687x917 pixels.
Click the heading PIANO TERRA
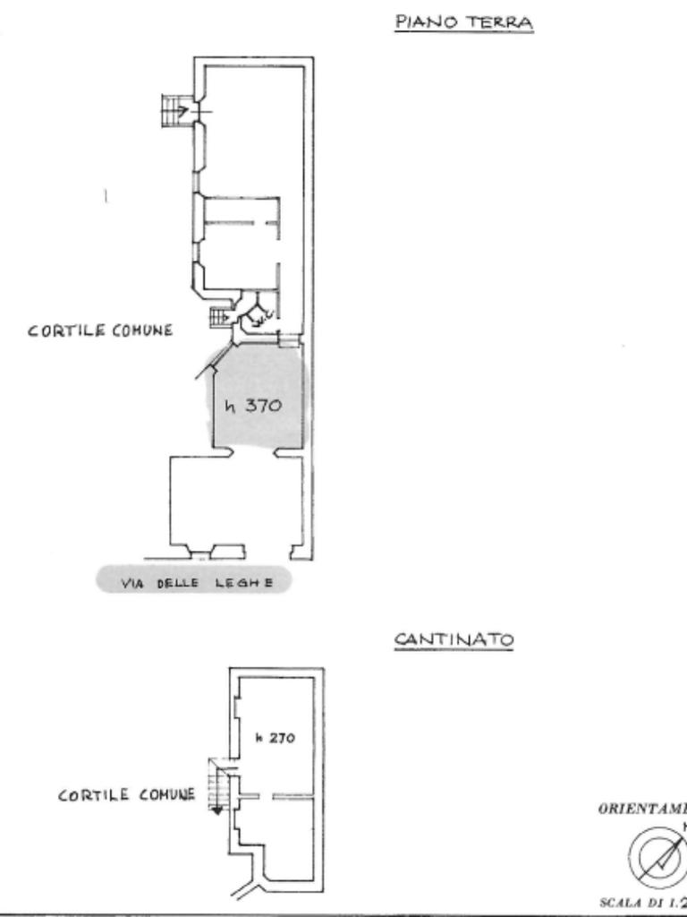[463, 23]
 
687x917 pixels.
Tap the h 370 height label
[253, 406]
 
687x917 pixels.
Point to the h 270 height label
[275, 738]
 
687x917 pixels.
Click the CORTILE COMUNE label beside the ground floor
[100, 330]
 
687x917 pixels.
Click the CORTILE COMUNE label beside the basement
[126, 794]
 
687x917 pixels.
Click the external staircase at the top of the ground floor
[173, 111]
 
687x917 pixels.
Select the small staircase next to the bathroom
[219, 316]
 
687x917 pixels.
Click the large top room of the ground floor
[255, 125]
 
